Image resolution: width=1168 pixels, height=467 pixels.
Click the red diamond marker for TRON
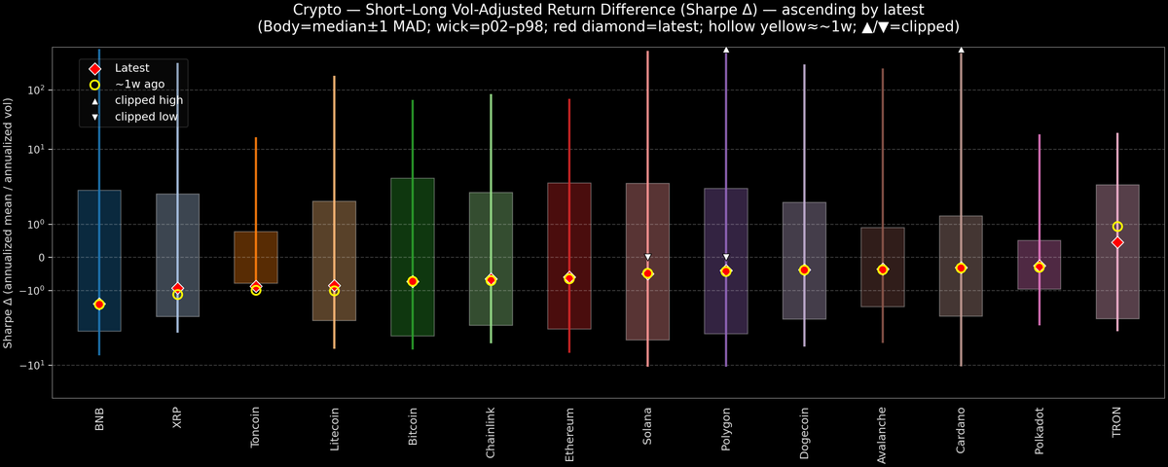click(1117, 242)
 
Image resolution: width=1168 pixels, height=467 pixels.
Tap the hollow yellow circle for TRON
click(1117, 227)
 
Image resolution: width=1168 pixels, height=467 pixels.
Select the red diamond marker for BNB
click(99, 305)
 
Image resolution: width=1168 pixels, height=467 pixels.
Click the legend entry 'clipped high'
click(148, 100)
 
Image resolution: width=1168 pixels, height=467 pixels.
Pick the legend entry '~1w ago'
click(139, 85)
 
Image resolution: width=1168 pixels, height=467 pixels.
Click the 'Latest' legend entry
click(132, 68)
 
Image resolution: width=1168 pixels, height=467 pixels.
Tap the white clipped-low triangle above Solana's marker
click(647, 257)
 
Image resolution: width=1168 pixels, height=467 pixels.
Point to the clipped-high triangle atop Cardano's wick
click(961, 49)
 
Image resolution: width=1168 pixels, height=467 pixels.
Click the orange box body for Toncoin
click(256, 258)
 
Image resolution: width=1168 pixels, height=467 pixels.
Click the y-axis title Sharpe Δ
click(9, 223)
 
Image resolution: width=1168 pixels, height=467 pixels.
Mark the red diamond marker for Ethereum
click(569, 278)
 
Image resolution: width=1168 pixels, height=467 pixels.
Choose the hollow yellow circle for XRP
click(177, 294)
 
